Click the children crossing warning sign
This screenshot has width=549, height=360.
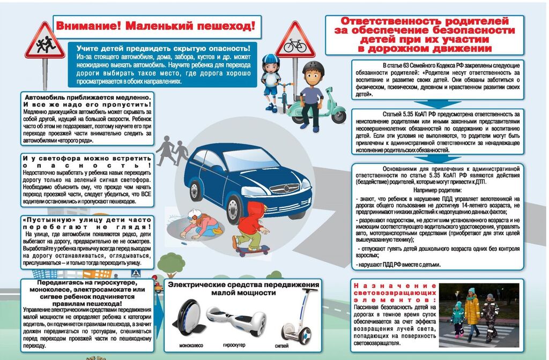(44, 42)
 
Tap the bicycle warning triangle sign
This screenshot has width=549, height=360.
(295, 41)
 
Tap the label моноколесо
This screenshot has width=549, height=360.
(191, 346)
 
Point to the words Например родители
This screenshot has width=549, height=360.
(437, 190)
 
